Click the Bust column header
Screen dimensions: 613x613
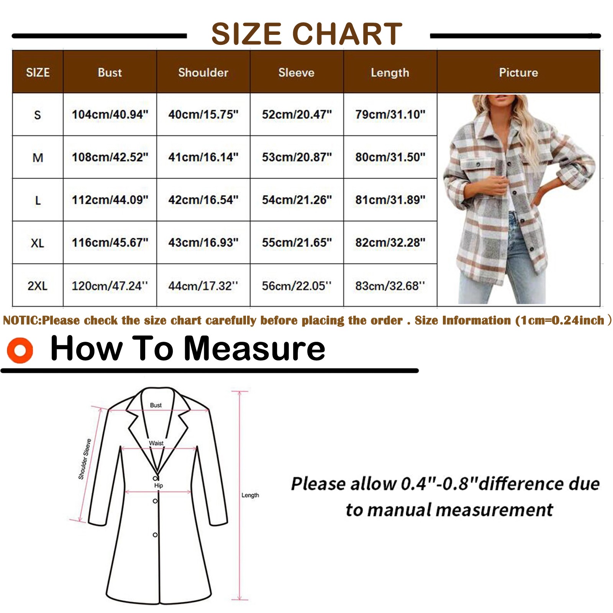coord(110,72)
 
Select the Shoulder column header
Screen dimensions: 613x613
coord(203,72)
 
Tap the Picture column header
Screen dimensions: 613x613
coord(518,72)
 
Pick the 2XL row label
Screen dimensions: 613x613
coord(38,285)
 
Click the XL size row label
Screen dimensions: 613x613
coord(38,243)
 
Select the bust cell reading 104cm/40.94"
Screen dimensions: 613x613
coord(110,114)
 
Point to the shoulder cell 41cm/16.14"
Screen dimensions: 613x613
coord(203,157)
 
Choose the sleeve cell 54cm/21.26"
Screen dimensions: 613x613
coord(297,200)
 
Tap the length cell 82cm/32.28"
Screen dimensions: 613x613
coord(390,243)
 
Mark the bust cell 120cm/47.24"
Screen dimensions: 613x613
coord(110,286)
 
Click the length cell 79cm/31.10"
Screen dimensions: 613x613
coord(390,114)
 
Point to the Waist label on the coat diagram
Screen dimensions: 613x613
coord(156,443)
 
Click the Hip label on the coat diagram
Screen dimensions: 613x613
coord(159,485)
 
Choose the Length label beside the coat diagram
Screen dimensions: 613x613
coord(250,495)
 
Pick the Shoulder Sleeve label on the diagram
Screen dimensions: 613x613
coord(85,459)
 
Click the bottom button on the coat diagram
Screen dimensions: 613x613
coord(155,535)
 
